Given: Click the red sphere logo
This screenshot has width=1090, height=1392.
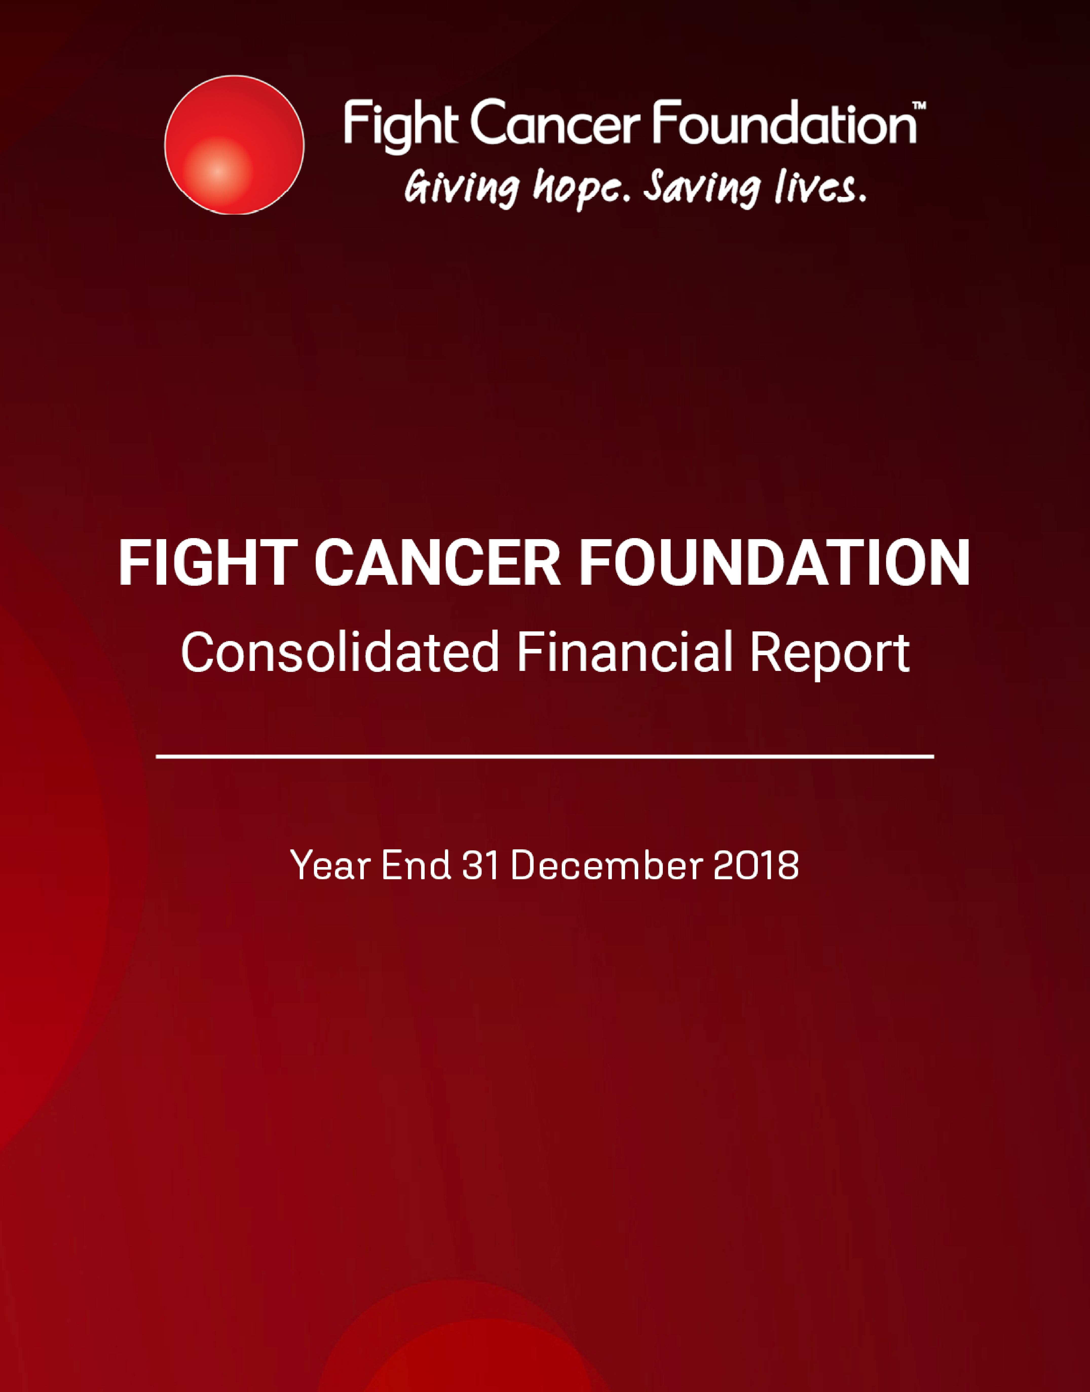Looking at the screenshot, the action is tap(234, 145).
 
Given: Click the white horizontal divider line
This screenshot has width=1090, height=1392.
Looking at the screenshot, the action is tap(545, 756).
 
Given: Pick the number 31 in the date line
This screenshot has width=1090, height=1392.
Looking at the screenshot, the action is tap(480, 866).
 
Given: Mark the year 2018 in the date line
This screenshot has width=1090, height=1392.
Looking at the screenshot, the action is tap(756, 866).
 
